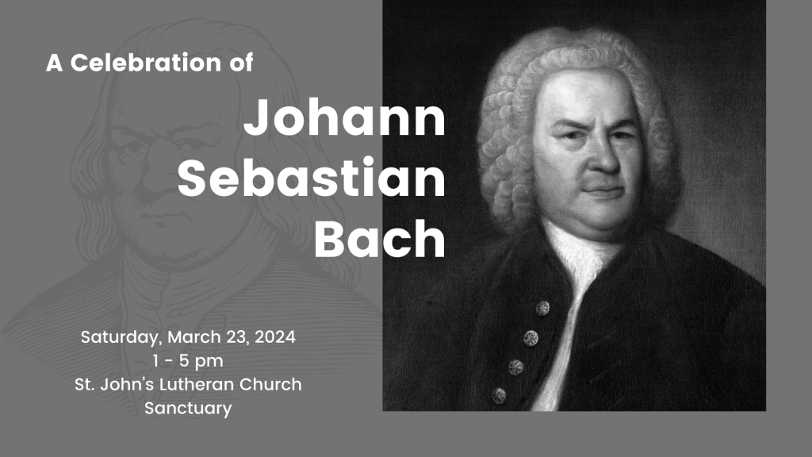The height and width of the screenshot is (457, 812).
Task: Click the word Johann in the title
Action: coord(344,118)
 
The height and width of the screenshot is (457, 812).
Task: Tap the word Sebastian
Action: coord(311,178)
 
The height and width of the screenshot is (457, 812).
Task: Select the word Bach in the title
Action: coord(380,238)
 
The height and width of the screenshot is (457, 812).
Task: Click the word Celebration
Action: coord(146,63)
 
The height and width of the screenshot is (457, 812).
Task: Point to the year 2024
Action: coord(275,336)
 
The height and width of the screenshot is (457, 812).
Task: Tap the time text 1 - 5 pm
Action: coord(188,361)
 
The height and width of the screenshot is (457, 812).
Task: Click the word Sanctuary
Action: coord(188,409)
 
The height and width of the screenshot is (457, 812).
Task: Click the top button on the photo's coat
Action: coord(542,309)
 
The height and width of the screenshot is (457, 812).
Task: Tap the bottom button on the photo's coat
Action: coord(499,396)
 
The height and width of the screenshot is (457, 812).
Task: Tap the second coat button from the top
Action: coord(530,338)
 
